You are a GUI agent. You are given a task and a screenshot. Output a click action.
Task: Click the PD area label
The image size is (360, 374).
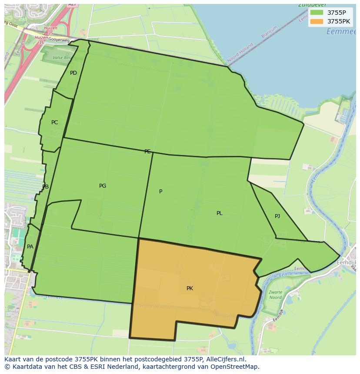click(x=73, y=73)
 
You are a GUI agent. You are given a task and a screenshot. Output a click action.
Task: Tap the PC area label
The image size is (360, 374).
click(x=54, y=122)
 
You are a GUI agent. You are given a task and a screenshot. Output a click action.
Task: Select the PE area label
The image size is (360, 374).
click(x=147, y=152)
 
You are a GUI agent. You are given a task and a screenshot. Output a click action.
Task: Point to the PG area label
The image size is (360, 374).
click(x=103, y=186)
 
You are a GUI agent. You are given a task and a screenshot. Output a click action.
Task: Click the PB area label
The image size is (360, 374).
click(x=45, y=187)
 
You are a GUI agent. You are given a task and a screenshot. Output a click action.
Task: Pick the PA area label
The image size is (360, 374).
click(x=30, y=247)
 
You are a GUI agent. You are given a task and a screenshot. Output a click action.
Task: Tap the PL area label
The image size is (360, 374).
click(x=220, y=213)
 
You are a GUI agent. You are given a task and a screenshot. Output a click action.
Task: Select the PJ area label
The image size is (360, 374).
click(x=277, y=216)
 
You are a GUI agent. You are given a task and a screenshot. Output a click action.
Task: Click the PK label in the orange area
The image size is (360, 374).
click(x=190, y=288)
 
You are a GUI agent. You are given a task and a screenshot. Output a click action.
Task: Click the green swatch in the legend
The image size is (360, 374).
click(x=317, y=13)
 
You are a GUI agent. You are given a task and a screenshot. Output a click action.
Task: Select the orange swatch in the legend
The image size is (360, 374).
click(x=317, y=21)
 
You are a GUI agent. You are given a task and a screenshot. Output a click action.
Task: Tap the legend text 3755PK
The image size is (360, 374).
click(x=339, y=21)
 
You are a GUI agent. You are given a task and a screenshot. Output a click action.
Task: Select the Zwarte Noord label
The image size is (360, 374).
click(x=275, y=295)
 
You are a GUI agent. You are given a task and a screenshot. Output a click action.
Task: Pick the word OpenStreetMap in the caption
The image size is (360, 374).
click(x=235, y=367)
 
